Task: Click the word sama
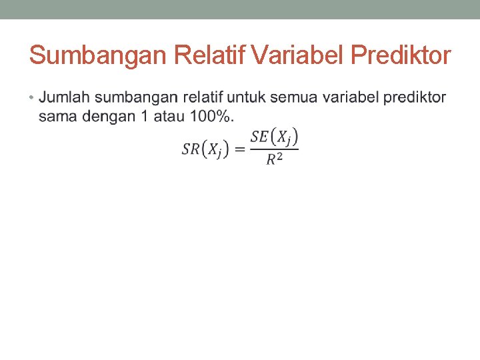click(x=59, y=117)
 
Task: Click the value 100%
click(x=211, y=117)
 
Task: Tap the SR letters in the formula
click(x=191, y=149)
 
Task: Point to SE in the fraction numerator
click(x=260, y=137)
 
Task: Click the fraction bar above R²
click(x=274, y=149)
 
